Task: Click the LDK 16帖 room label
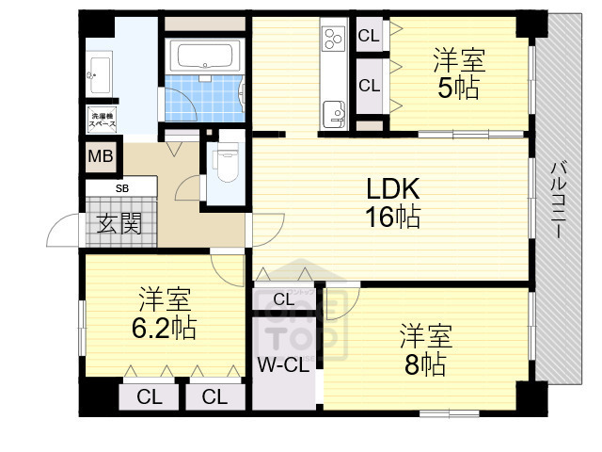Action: click(x=392, y=202)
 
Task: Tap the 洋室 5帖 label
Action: click(x=458, y=74)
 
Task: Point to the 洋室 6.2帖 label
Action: click(x=164, y=315)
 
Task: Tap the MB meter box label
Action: click(x=100, y=157)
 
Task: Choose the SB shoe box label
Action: click(x=122, y=187)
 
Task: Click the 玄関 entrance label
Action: click(x=119, y=224)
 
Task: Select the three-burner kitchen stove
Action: click(x=334, y=40)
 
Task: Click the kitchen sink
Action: click(x=334, y=114)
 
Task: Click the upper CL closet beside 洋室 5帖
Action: click(x=369, y=37)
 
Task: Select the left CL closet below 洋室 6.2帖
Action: click(x=149, y=396)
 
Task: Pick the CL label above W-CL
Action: click(x=283, y=299)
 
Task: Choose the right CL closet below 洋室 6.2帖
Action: click(x=215, y=396)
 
